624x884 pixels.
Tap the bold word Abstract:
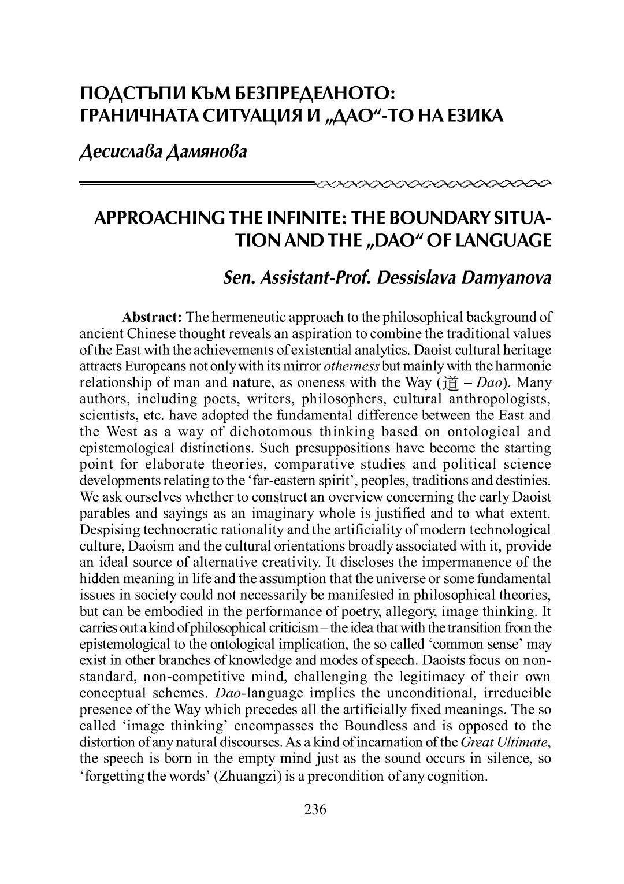[x=152, y=317]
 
